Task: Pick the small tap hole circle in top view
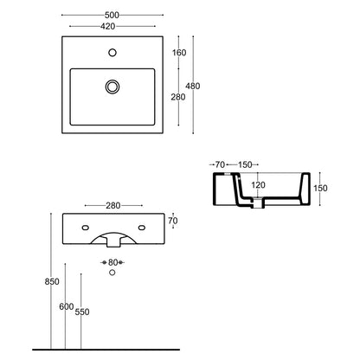pos(112,53)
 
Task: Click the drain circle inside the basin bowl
pos(112,86)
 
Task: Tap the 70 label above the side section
pos(220,163)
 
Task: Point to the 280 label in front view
pos(112,205)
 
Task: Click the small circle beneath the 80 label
pos(112,273)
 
